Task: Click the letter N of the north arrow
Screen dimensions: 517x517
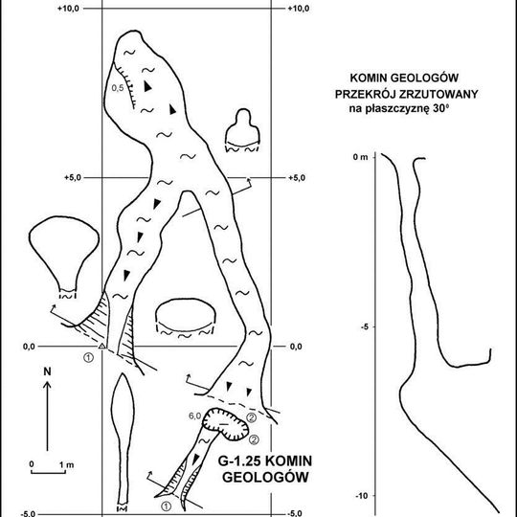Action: coord(48,370)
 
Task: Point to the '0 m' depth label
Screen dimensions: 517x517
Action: coord(360,156)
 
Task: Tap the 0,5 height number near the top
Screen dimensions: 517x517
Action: coord(118,88)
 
